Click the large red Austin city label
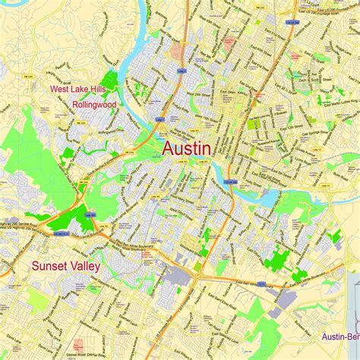(186, 149)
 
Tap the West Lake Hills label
(78, 89)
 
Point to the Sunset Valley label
(69, 266)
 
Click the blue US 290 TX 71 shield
(90, 215)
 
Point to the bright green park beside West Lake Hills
(110, 81)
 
